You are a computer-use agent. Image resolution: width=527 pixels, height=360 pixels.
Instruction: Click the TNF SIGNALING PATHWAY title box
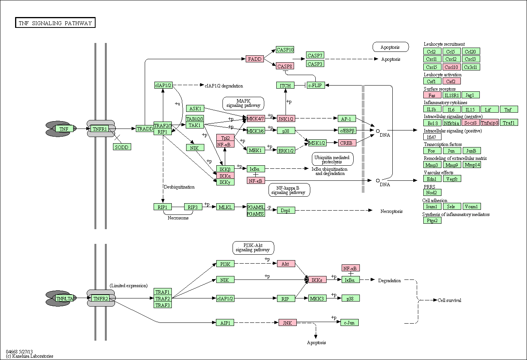pyautogui.click(x=55, y=22)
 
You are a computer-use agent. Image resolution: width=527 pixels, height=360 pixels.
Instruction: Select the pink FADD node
pyautogui.click(x=255, y=59)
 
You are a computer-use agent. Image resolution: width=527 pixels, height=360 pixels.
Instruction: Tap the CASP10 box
pyautogui.click(x=285, y=50)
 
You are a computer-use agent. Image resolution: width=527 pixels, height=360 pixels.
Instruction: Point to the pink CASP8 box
pyautogui.click(x=285, y=66)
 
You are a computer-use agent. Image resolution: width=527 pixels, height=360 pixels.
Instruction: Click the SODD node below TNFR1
pyautogui.click(x=122, y=147)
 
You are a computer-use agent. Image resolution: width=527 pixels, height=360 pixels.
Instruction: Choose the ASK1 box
pyautogui.click(x=195, y=108)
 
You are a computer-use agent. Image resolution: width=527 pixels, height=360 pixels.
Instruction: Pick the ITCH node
pyautogui.click(x=286, y=86)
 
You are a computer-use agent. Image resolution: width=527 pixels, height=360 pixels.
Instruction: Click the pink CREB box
pyautogui.click(x=347, y=143)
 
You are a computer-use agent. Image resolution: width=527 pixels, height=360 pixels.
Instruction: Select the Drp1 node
pyautogui.click(x=286, y=210)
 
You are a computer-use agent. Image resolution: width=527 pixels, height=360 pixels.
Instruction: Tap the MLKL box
pyautogui.click(x=225, y=207)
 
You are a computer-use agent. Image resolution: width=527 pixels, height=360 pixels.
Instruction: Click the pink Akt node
pyautogui.click(x=286, y=264)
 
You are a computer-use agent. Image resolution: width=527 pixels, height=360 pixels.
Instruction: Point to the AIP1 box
pyautogui.click(x=225, y=322)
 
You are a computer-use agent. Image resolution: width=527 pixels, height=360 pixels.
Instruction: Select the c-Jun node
pyautogui.click(x=350, y=322)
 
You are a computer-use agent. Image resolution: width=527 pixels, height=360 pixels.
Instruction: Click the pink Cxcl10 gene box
pyautogui.click(x=452, y=67)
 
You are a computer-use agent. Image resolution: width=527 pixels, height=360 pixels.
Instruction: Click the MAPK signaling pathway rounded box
pyautogui.click(x=243, y=103)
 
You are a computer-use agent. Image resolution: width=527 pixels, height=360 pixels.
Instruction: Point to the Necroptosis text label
pyautogui.click(x=392, y=211)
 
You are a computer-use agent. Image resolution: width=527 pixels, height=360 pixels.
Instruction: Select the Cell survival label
pyautogui.click(x=449, y=300)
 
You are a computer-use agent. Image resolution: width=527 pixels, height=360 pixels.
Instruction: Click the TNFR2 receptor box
pyautogui.click(x=101, y=298)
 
